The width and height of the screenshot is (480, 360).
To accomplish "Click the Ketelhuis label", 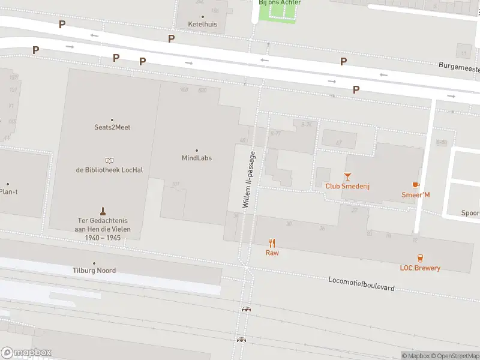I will pyautogui.click(x=203, y=25).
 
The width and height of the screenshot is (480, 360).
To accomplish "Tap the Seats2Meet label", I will pyautogui.click(x=112, y=127).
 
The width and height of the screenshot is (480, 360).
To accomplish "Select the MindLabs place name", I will pyautogui.click(x=197, y=158).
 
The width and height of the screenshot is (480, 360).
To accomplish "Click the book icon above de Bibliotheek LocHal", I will pyautogui.click(x=109, y=160).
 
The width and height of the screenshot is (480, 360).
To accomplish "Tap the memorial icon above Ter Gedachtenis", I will pyautogui.click(x=103, y=211).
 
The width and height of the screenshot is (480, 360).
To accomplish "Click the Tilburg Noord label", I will pyautogui.click(x=94, y=271).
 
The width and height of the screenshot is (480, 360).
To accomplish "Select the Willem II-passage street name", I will pyautogui.click(x=249, y=180).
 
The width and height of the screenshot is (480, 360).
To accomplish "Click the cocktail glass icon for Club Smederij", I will pyautogui.click(x=347, y=176).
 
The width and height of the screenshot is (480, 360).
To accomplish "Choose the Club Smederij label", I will pyautogui.click(x=347, y=186).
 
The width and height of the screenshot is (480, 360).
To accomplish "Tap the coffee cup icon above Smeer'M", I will pyautogui.click(x=416, y=185).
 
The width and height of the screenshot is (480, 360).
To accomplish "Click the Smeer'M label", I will pyautogui.click(x=416, y=194).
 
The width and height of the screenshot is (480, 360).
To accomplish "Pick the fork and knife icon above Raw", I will pyautogui.click(x=272, y=243).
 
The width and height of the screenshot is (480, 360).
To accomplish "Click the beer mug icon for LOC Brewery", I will pyautogui.click(x=420, y=258).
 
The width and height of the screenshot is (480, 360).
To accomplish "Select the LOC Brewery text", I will pyautogui.click(x=420, y=268).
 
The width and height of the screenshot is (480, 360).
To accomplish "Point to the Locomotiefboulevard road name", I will pyautogui.click(x=361, y=284).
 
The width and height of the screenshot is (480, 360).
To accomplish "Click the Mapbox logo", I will pyautogui.click(x=26, y=353).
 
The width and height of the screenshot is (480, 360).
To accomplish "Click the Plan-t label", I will pyautogui.click(x=9, y=192).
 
